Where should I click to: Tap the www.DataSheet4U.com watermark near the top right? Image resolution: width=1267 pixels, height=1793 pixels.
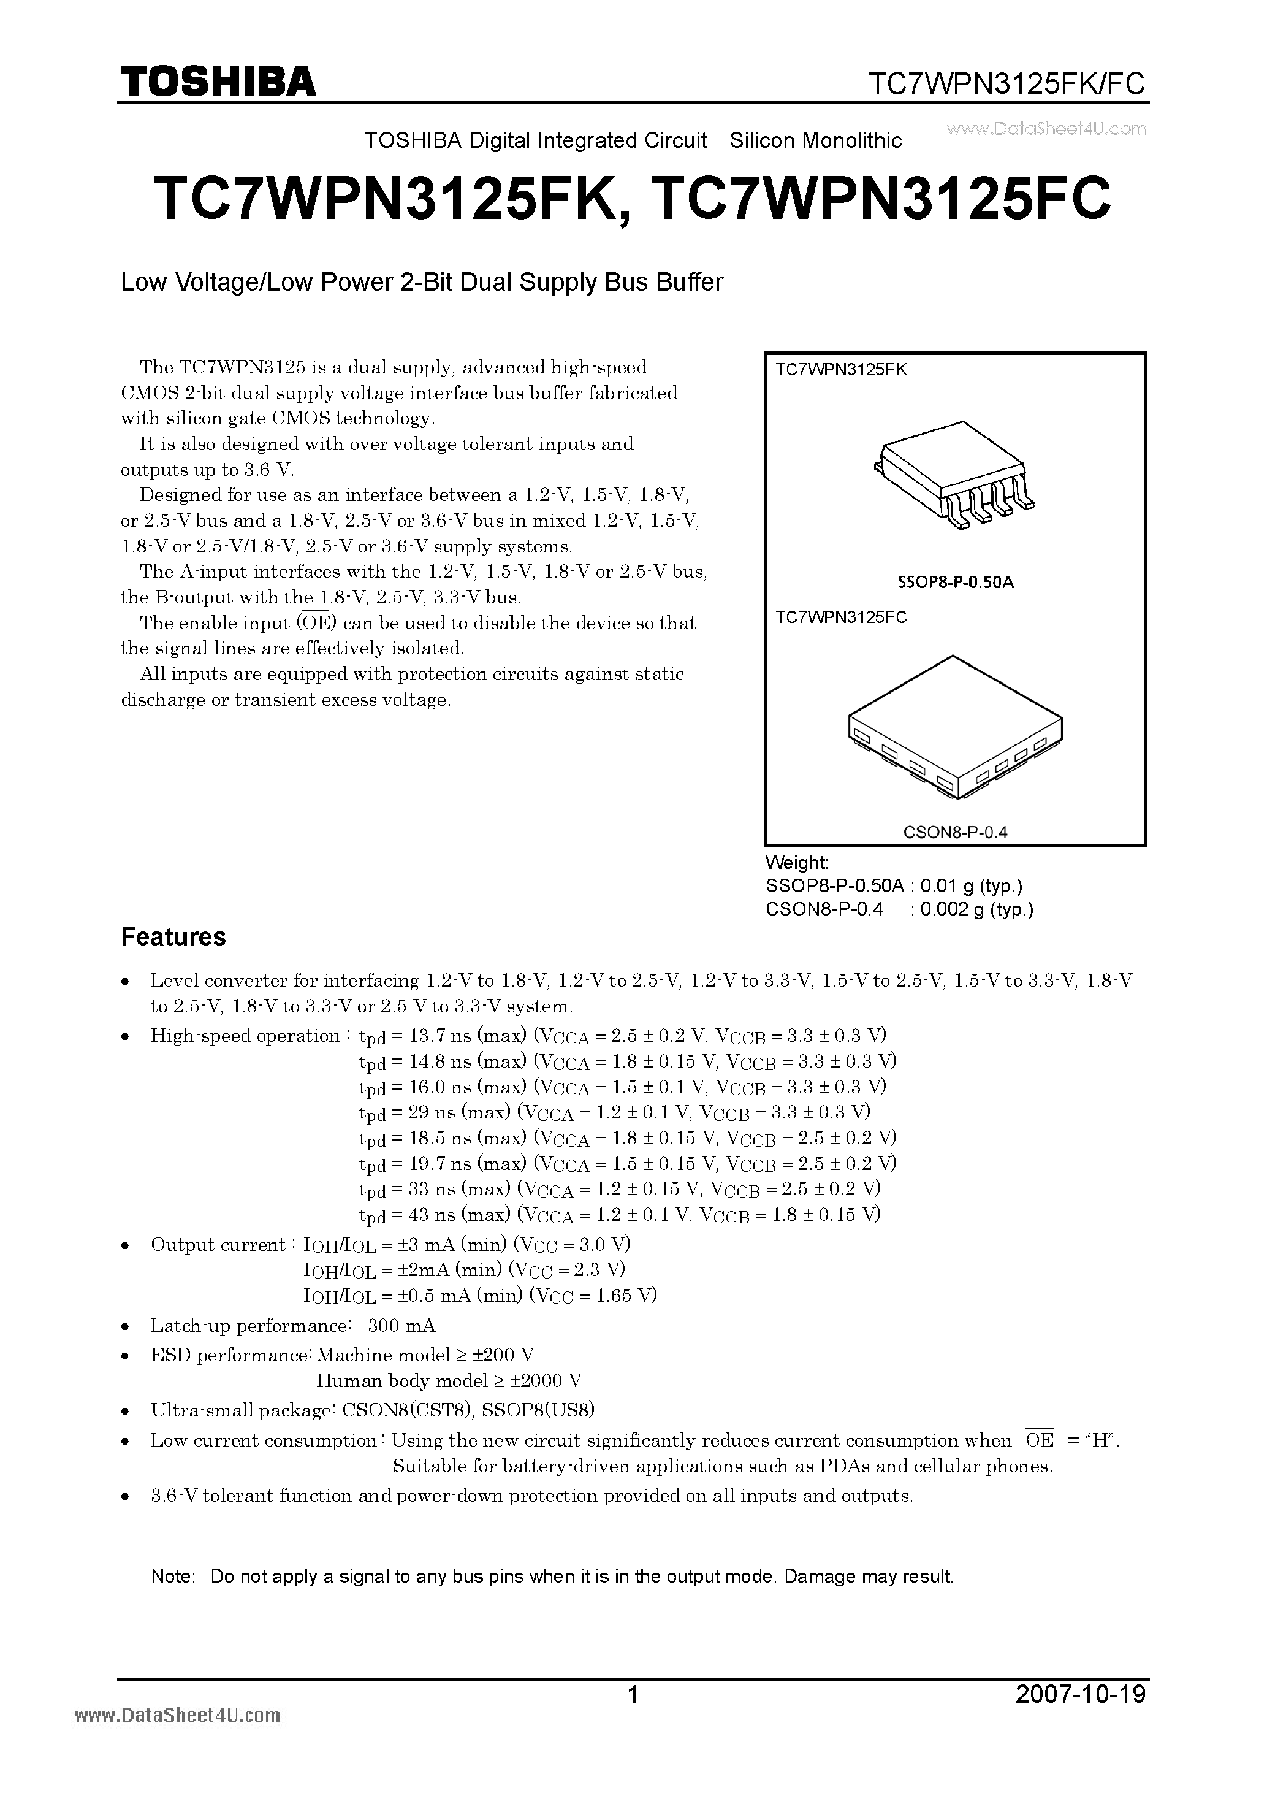(x=1046, y=129)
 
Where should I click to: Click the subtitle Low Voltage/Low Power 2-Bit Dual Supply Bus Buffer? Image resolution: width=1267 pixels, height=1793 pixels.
(x=422, y=282)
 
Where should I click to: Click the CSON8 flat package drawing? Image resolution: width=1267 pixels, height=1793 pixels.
(x=954, y=726)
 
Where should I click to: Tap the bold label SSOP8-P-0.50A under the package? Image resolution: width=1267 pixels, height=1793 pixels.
(x=955, y=583)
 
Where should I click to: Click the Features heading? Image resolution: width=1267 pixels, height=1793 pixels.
(x=173, y=937)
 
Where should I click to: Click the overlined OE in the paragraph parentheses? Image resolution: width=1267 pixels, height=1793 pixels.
(x=316, y=623)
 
